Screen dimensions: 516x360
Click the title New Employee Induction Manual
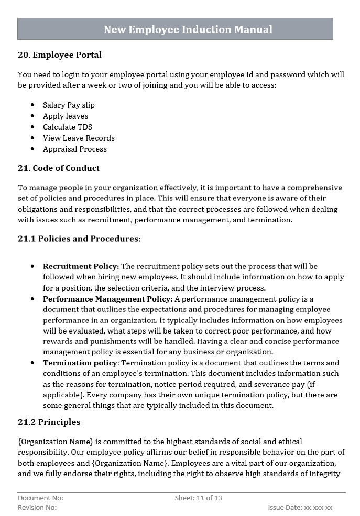188,29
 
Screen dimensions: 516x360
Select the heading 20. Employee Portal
60,55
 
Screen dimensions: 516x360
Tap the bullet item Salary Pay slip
69,105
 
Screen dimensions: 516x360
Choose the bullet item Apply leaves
66,116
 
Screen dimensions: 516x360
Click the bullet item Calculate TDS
68,127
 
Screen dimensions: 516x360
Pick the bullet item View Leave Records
79,138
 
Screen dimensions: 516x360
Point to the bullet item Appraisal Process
75,149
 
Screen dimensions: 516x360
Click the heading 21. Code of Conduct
59,168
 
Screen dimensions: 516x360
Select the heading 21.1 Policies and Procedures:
79,239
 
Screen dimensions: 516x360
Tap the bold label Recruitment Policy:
81,266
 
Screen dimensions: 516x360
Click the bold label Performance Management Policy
107,299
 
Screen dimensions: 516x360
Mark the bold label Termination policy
80,363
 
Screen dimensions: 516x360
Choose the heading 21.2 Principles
49,422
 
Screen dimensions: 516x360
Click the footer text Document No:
40,498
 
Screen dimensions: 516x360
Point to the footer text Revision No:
37,508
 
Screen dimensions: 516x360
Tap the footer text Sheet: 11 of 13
198,498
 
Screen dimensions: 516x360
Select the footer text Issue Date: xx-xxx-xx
300,508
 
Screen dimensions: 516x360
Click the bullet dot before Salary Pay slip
33,105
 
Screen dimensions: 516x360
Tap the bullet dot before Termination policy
33,363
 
